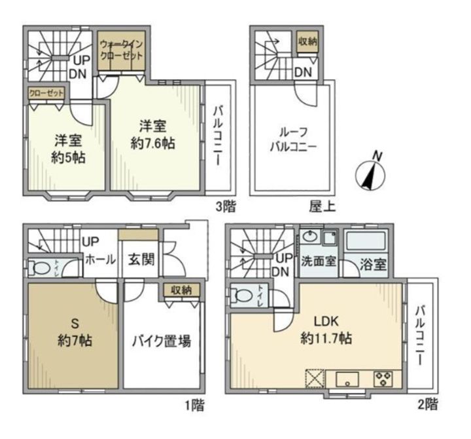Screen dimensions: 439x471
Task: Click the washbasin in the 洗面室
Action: click(311, 237)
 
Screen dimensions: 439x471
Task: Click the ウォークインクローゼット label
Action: click(121, 50)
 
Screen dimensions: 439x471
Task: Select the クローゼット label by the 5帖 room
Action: click(46, 93)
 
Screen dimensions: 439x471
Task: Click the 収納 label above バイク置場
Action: click(181, 289)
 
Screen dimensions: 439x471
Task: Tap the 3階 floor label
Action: click(226, 207)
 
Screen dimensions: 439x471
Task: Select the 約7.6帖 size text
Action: click(152, 143)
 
